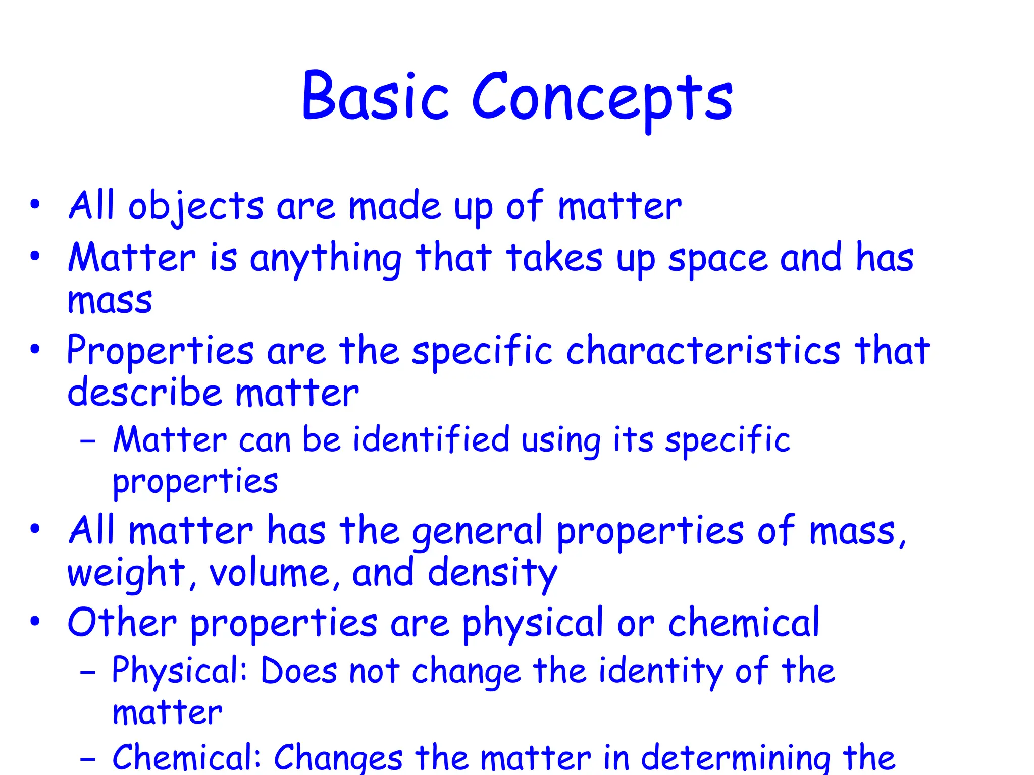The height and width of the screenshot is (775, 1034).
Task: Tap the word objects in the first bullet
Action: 196,207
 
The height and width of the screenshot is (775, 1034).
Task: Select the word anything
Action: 326,259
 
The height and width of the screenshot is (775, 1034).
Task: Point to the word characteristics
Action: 703,351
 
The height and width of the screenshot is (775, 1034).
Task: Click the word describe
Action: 145,393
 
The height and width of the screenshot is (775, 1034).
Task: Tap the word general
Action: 477,531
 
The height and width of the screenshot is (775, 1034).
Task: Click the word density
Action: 492,574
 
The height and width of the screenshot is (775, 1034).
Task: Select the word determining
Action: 735,758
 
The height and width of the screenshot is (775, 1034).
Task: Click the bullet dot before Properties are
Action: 34,349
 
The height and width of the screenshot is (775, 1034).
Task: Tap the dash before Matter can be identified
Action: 88,440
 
